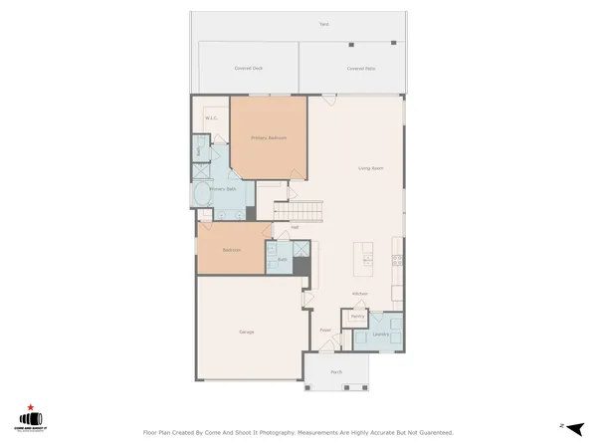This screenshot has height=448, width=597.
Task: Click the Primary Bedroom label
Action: pyautogui.click(x=269, y=137)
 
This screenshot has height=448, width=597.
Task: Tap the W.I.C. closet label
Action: pyautogui.click(x=211, y=118)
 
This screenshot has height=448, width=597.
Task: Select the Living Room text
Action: pyautogui.click(x=371, y=168)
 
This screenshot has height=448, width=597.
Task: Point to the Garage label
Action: pyautogui.click(x=246, y=332)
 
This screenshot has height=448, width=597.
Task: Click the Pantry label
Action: pyautogui.click(x=356, y=316)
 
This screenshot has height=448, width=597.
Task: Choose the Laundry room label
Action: pyautogui.click(x=380, y=335)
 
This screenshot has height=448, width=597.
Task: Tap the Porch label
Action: pyautogui.click(x=336, y=372)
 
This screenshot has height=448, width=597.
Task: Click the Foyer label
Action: pyautogui.click(x=324, y=330)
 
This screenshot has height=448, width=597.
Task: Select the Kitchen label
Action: pyautogui.click(x=360, y=294)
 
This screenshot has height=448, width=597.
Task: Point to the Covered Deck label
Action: pyautogui.click(x=249, y=68)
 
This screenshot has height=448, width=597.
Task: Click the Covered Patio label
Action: pyautogui.click(x=360, y=68)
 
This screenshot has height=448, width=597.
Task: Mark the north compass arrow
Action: pyautogui.click(x=572, y=425)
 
